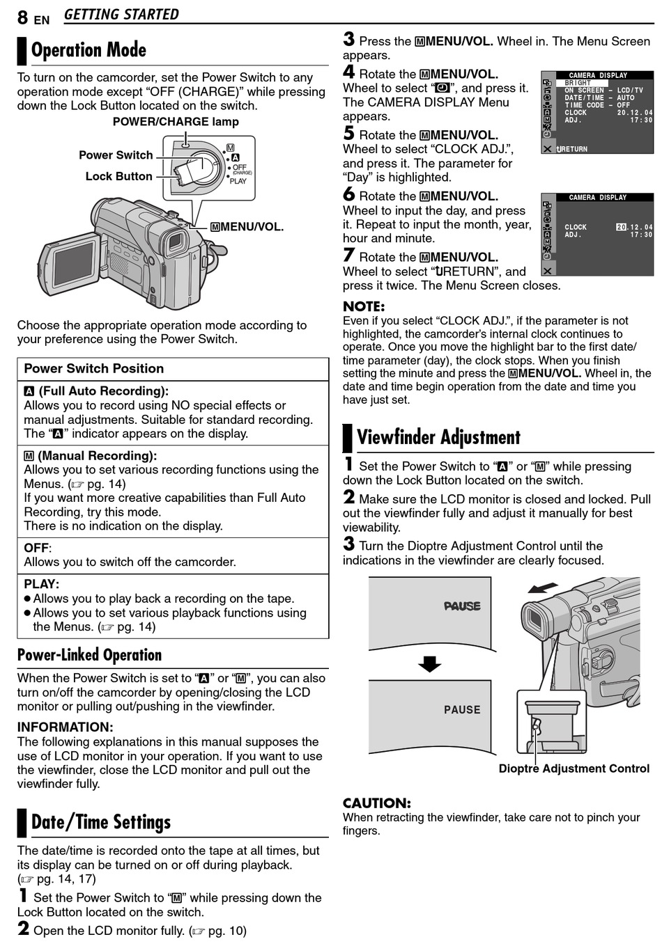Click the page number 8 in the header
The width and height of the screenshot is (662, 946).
point(23,17)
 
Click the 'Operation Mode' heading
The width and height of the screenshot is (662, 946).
point(88,50)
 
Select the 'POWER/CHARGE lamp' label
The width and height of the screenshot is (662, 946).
point(176,122)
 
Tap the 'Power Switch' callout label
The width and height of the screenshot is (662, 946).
point(116,155)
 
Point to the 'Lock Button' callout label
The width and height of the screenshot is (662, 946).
point(118,177)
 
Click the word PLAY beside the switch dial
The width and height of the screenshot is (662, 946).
point(238,181)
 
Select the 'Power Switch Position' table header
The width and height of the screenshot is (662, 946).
point(94,369)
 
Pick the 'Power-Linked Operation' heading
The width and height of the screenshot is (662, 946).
point(89,655)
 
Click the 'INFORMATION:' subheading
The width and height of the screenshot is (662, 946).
point(64,727)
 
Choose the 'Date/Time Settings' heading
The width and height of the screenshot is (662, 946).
point(101,823)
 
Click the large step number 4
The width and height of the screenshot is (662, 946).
point(348,72)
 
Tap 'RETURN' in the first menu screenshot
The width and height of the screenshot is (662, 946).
point(574,149)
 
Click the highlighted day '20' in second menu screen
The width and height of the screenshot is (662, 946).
point(622,227)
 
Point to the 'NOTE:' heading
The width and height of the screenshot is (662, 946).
point(363,306)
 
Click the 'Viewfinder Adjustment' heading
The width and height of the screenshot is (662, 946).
point(438,438)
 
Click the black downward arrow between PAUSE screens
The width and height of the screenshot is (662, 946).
point(429,663)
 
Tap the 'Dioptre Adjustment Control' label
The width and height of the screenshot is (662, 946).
point(574,768)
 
